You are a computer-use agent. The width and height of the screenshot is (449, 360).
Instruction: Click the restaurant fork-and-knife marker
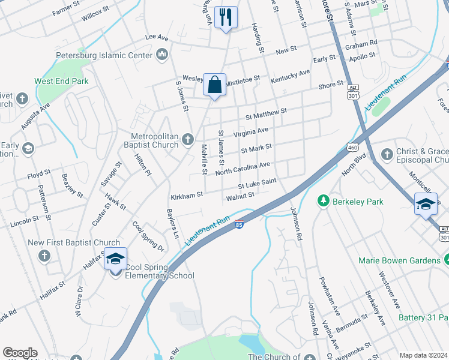pos(226,17)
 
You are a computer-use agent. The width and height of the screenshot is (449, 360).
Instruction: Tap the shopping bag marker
pos(214,85)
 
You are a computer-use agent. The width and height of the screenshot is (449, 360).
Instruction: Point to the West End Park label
pos(61,81)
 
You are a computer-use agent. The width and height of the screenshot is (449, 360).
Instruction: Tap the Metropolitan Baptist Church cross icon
pos(188,140)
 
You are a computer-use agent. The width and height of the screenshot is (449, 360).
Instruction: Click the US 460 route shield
pos(352,146)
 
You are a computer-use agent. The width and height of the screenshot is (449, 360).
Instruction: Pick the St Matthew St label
pos(267,112)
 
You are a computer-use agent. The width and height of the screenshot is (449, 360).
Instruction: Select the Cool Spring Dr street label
pos(148,236)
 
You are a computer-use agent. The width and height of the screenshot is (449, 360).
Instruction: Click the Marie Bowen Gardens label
pos(399,260)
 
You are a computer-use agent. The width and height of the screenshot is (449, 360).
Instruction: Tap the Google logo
pos(20,353)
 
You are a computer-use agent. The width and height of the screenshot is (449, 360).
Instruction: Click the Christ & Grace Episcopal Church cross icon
pos(386,154)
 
